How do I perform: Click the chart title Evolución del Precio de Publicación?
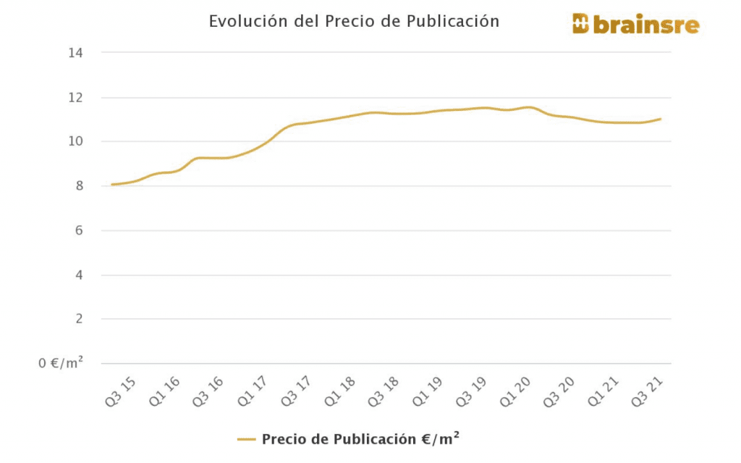coord(354,22)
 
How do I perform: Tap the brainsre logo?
coord(635,25)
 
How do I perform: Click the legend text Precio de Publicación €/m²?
coord(361,439)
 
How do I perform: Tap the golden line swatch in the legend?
coord(247,439)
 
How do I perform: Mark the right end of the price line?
coord(661,119)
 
